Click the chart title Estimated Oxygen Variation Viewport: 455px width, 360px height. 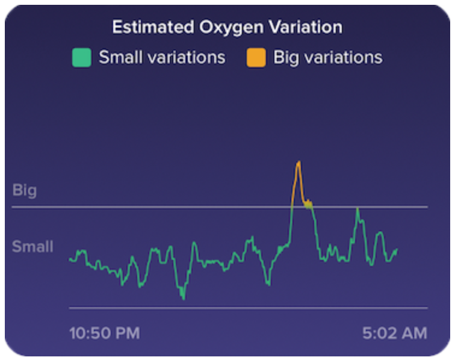[227, 27]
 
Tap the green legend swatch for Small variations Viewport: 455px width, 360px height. [81, 58]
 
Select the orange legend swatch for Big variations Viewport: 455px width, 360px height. [256, 58]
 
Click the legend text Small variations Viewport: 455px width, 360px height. [162, 58]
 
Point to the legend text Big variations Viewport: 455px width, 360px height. [327, 58]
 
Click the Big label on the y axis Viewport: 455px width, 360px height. [25, 191]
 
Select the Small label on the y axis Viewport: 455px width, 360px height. [32, 246]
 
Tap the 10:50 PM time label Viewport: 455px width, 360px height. [104, 333]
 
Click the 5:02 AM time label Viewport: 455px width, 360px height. [395, 333]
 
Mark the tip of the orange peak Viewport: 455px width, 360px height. [298, 162]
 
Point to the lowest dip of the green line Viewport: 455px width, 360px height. [183, 298]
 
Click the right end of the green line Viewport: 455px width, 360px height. [397, 249]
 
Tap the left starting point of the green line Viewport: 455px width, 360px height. [70, 259]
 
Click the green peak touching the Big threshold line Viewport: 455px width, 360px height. [357, 208]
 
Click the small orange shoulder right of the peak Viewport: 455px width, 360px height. [308, 203]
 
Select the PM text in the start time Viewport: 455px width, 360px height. [127, 333]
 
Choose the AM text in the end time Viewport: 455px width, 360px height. [415, 333]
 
